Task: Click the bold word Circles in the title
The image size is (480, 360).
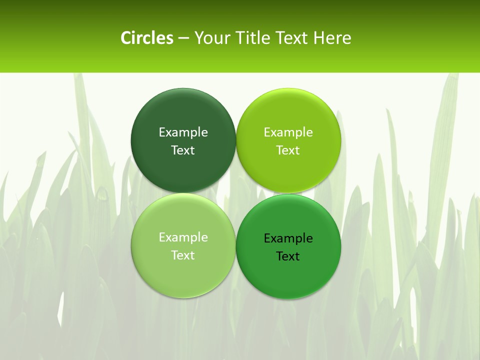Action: coord(146,38)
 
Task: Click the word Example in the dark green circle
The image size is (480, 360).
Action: coord(183,132)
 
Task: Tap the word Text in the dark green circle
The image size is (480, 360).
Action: coord(183,150)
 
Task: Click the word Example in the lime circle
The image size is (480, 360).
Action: coord(288,132)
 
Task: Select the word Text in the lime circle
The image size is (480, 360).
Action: coord(288,150)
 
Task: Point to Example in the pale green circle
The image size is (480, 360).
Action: coord(183,237)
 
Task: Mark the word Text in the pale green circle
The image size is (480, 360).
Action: coord(183,255)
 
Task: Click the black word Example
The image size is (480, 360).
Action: coord(288,238)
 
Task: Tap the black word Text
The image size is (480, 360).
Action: coord(288,256)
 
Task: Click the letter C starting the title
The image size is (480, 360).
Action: coord(126,38)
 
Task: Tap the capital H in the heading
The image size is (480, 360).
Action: coord(318,38)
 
